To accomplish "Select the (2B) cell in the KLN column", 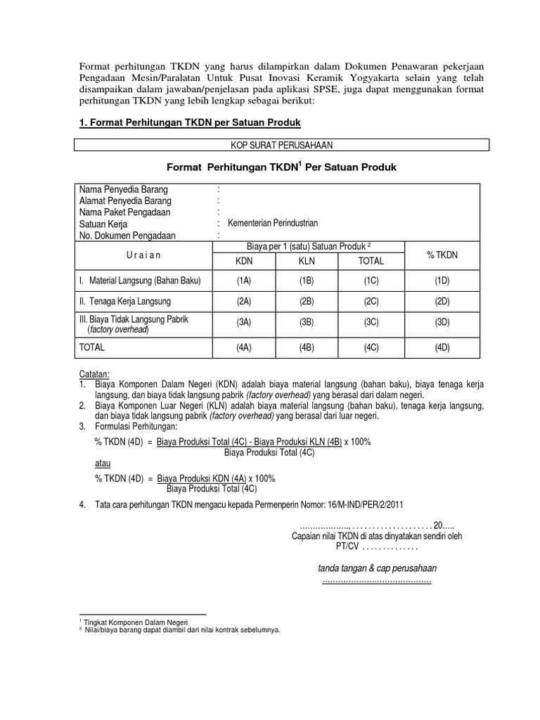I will coord(306,302).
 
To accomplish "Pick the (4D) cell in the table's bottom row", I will coord(442,347).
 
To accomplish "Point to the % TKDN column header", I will coord(442,255).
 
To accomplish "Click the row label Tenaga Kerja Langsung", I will coord(126,302).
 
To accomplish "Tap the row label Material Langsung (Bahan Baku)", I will coord(140,281).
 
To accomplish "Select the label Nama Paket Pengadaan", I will coord(125,212).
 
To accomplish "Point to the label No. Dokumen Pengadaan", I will coord(127,236).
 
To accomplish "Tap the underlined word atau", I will coord(102,463).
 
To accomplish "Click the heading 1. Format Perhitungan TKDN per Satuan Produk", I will coord(189,123).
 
